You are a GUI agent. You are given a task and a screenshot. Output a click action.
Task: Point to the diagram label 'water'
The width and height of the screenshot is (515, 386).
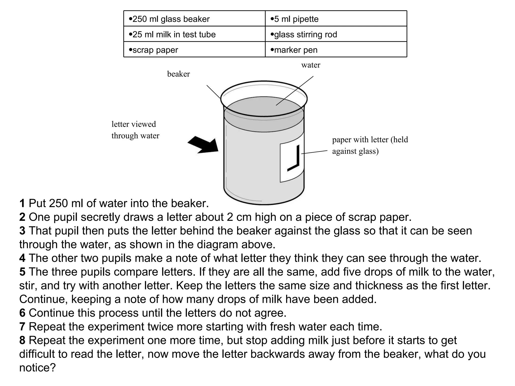click(311, 65)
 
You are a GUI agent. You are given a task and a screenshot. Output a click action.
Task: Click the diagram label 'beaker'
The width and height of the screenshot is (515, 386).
click(178, 74)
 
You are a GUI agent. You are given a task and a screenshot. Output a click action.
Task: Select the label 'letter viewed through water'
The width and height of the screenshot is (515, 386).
click(135, 130)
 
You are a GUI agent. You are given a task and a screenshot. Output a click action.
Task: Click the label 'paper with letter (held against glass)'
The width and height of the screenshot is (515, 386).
click(370, 145)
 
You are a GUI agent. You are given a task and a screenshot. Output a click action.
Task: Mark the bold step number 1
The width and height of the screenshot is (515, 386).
click(22, 203)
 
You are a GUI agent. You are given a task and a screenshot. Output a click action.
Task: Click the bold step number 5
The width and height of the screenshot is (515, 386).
click(22, 272)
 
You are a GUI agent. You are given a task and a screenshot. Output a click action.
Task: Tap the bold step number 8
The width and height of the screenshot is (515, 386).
click(22, 340)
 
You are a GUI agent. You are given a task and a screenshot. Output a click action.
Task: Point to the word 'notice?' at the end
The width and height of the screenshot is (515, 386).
click(37, 368)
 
